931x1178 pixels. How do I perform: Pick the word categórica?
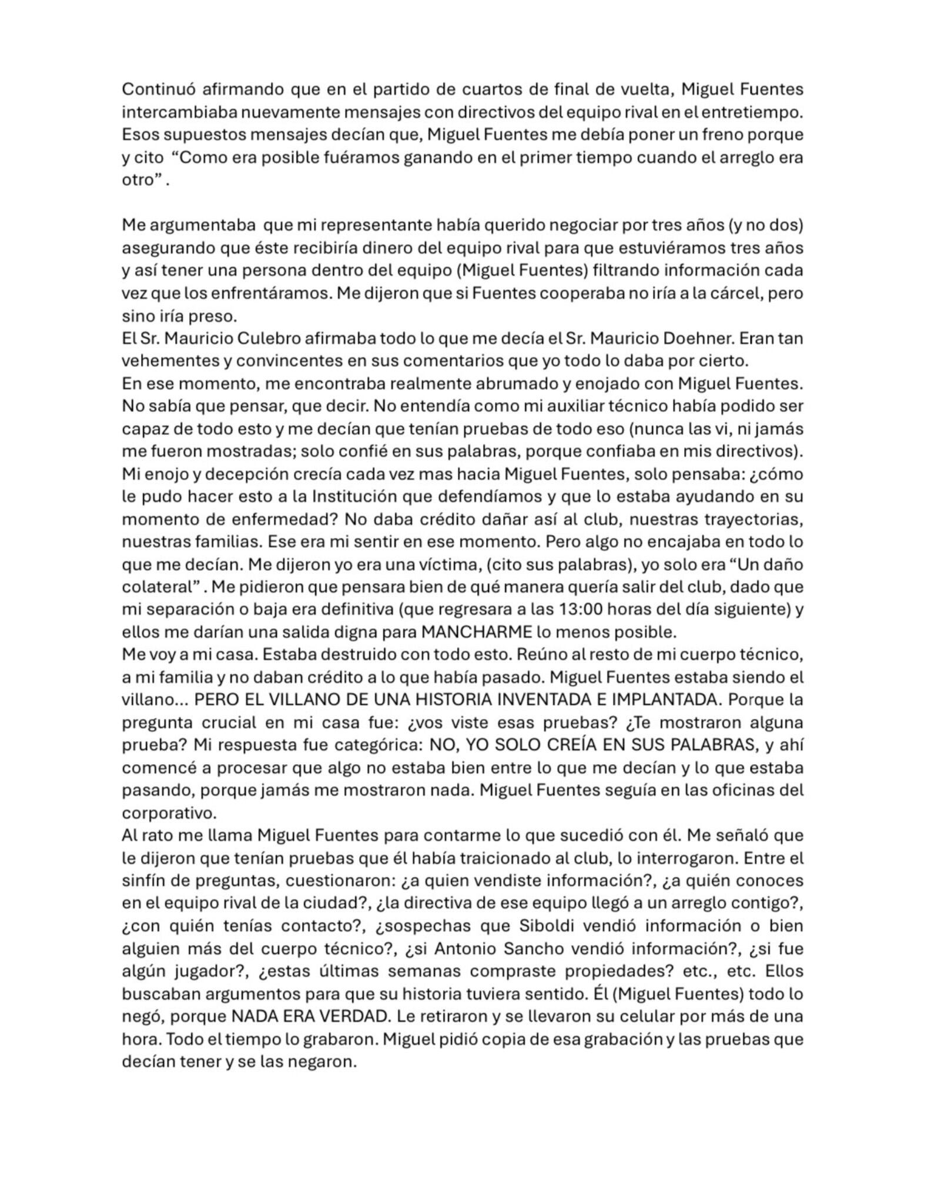point(375,745)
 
